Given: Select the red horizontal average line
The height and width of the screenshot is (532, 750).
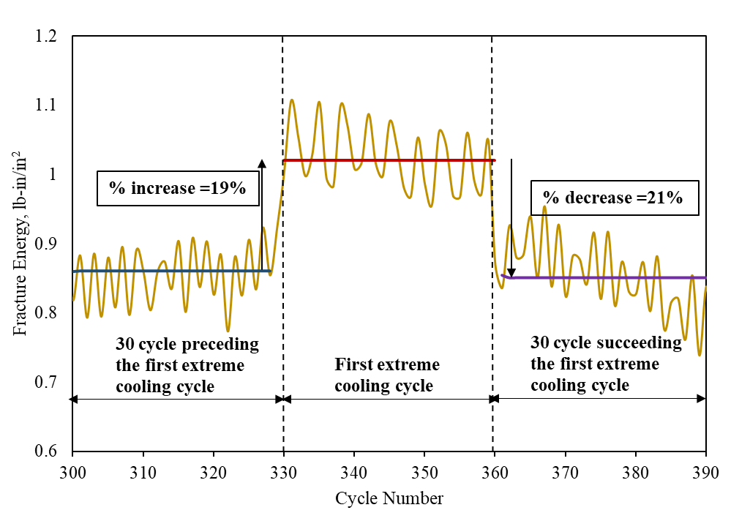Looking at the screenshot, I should click(388, 160).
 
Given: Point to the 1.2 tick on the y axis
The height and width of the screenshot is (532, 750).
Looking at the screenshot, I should click(72, 37).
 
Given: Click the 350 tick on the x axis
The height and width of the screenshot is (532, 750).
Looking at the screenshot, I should click(424, 451).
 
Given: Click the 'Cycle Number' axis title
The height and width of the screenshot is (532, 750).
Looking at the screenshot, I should click(389, 499).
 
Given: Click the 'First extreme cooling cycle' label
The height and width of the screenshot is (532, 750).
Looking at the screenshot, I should click(387, 375).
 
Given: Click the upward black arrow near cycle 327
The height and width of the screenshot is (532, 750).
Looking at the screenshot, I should click(262, 212).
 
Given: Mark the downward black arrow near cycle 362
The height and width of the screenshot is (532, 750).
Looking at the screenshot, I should click(511, 220).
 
